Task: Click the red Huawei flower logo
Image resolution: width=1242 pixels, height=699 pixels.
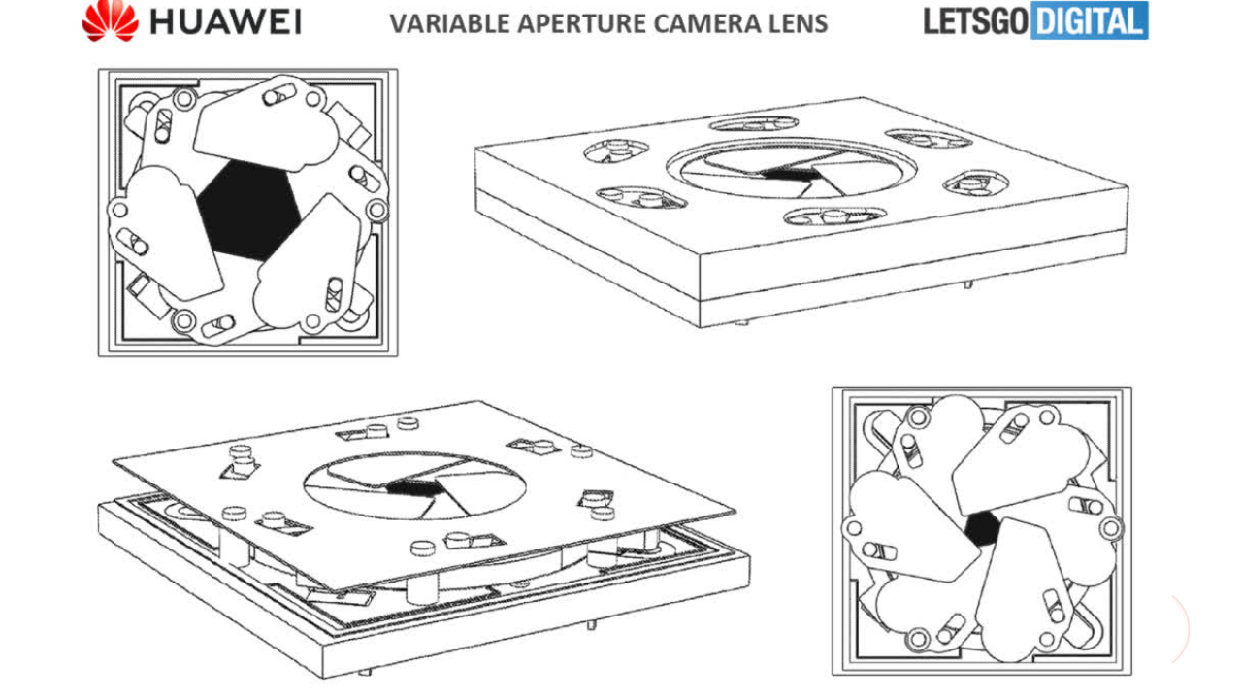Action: [x=110, y=20]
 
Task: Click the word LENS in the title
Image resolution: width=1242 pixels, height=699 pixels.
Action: [x=799, y=22]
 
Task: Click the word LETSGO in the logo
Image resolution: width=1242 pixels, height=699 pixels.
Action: [x=973, y=20]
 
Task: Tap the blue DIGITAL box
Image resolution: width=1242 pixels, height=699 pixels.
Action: [x=1089, y=20]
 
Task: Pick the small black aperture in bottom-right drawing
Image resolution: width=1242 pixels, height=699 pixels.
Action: [x=982, y=529]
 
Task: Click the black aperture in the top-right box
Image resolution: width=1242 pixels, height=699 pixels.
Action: [x=791, y=173]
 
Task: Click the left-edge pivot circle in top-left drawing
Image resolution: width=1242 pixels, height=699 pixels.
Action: [x=119, y=209]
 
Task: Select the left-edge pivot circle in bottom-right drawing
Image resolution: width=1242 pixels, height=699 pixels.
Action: [x=853, y=528]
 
